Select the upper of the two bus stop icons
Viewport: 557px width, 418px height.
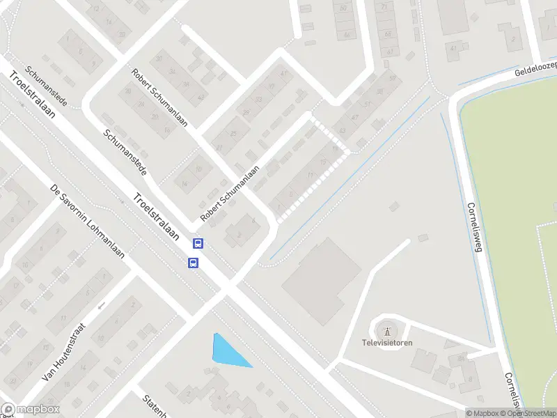(x=198, y=244)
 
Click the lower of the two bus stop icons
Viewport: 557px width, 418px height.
(x=193, y=263)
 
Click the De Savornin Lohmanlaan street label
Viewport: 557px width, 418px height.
(x=87, y=221)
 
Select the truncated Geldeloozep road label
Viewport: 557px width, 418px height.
(x=535, y=68)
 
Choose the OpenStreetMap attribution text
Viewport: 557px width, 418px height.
(x=530, y=413)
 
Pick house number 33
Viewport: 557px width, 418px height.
(x=258, y=100)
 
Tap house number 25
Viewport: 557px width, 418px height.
(x=233, y=133)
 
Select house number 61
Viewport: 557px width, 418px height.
(x=389, y=52)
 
